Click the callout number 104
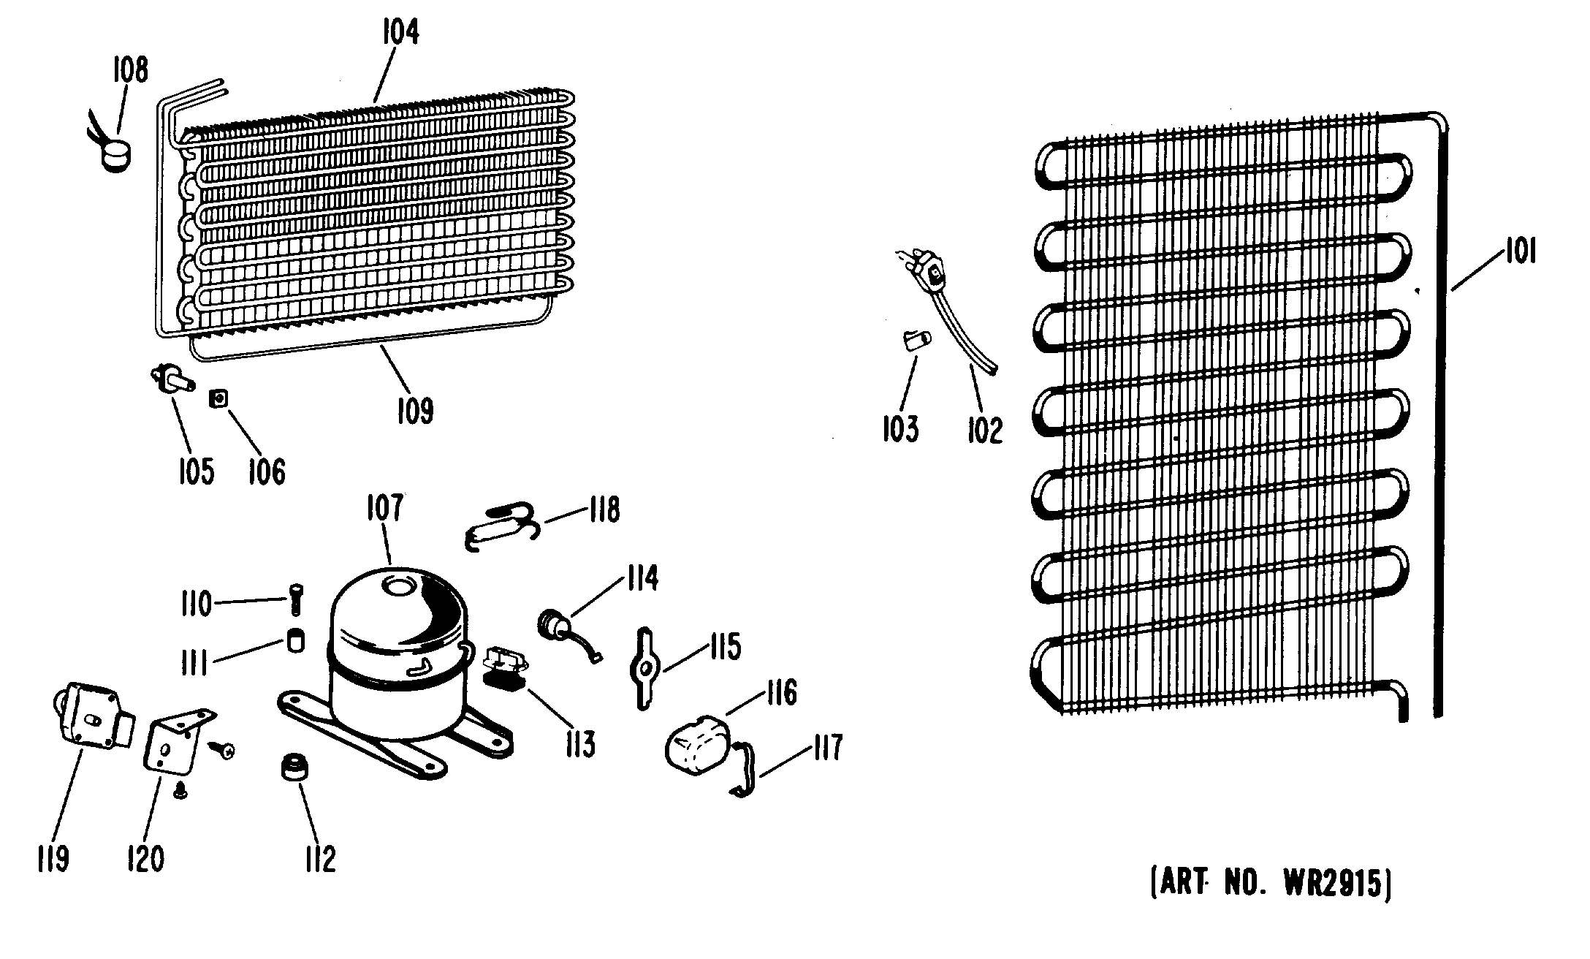coord(400,33)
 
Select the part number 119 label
coord(53,859)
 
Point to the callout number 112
coord(320,859)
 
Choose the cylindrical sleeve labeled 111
coord(294,640)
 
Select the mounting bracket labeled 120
coord(175,742)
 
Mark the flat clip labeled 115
coord(644,667)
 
